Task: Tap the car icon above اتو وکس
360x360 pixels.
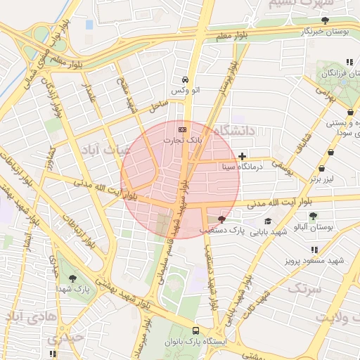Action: tap(184, 79)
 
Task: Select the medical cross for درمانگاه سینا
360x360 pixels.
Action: tap(243, 155)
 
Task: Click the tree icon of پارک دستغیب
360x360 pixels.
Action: tap(223, 219)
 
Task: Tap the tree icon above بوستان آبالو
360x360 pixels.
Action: tap(312, 216)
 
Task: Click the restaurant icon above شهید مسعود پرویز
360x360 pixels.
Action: tap(314, 250)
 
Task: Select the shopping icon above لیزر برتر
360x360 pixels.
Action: tap(321, 169)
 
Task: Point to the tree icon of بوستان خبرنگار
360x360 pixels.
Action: tap(325, 20)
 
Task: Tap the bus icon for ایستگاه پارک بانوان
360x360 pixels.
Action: tap(195, 330)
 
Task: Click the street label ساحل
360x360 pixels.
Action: tap(157, 107)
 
